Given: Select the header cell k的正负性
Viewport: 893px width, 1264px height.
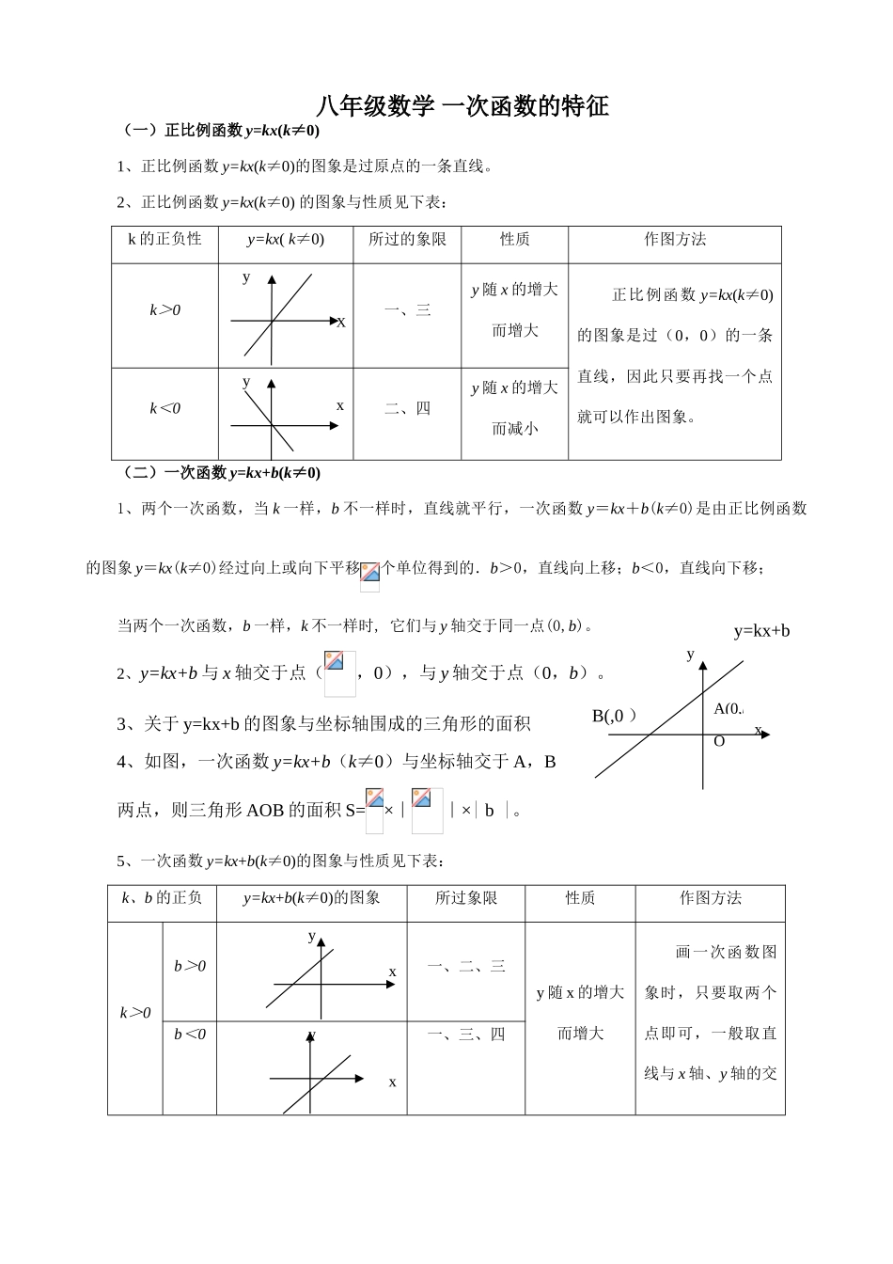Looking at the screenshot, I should pyautogui.click(x=164, y=240).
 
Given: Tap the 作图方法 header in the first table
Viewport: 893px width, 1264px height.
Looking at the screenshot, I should pyautogui.click(x=674, y=240).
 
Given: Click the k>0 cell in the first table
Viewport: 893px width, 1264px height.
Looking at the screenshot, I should pyautogui.click(x=164, y=310).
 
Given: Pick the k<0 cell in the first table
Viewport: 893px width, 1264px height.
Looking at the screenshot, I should pyautogui.click(x=164, y=408).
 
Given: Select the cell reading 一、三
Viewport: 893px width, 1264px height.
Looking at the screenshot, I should pyautogui.click(x=407, y=310).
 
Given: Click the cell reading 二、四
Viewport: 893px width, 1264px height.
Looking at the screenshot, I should pyautogui.click(x=407, y=408).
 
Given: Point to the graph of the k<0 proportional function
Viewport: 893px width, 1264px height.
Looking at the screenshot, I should pyautogui.click(x=273, y=415).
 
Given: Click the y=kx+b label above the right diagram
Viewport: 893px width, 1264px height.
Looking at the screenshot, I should pyautogui.click(x=761, y=631).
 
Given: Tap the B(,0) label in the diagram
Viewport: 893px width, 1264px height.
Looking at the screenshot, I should pyautogui.click(x=614, y=716).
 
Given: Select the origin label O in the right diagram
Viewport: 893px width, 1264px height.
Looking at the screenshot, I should pyautogui.click(x=719, y=741).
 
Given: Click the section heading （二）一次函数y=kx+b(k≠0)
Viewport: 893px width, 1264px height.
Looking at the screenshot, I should pyautogui.click(x=222, y=473).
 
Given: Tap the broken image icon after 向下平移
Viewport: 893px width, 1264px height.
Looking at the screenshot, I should pyautogui.click(x=370, y=575).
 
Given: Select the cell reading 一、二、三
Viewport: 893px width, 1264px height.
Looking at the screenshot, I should pyautogui.click(x=465, y=966).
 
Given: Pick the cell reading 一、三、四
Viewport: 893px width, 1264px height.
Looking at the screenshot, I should pyautogui.click(x=465, y=1035).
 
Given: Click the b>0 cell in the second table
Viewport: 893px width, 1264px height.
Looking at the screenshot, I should pyautogui.click(x=189, y=966).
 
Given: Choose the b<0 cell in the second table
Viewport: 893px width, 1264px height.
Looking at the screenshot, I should pyautogui.click(x=189, y=1035).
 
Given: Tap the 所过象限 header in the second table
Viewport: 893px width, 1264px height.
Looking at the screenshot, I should pyautogui.click(x=465, y=898).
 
